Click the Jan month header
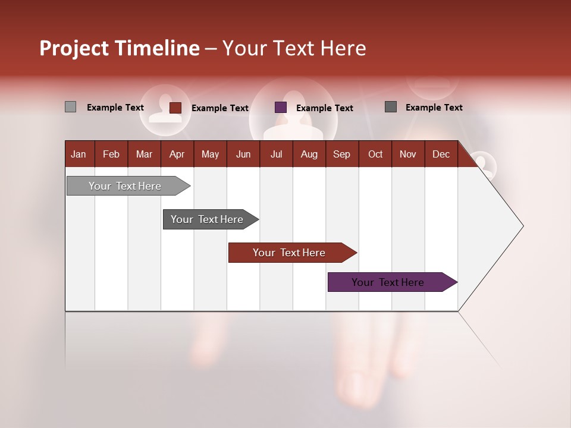79,154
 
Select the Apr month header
177,154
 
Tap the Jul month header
277,154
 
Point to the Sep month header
341,154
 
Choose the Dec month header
441,154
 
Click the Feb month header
111,154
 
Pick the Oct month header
375,154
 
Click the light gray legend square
70,107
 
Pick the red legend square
175,108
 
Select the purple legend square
281,108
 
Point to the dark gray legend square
391,107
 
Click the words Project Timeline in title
120,48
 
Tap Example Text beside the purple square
325,108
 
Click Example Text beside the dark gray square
434,108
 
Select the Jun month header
243,154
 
